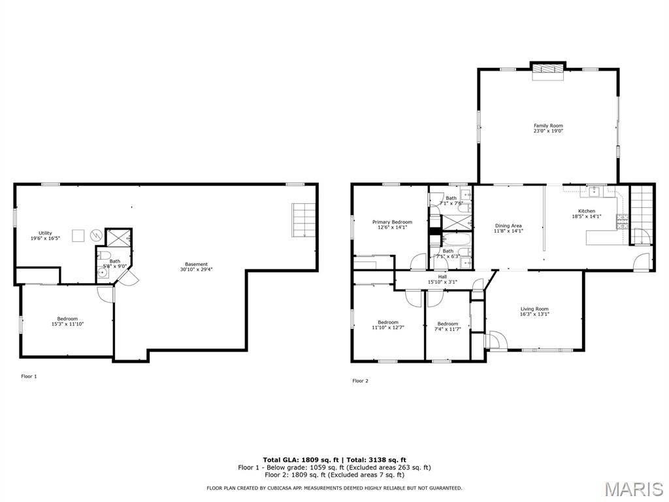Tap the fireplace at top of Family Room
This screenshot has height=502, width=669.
pos(547,71)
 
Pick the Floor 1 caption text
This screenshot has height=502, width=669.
pos(29,376)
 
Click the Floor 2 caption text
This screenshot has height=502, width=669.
pos(360,381)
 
